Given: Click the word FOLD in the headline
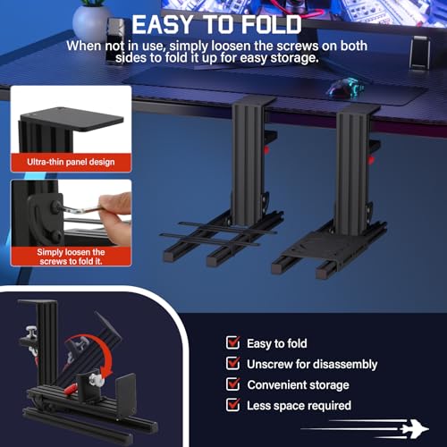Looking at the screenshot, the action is click(x=271, y=24).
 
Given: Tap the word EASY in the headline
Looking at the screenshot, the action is click(x=163, y=24).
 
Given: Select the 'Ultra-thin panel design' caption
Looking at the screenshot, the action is click(x=71, y=162).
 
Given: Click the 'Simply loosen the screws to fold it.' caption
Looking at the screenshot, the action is click(x=71, y=257).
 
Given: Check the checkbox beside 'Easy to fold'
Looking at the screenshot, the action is click(x=232, y=342).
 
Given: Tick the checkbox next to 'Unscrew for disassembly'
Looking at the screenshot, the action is click(x=232, y=363).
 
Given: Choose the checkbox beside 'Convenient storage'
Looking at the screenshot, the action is click(x=232, y=384).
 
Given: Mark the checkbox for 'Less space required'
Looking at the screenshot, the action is click(x=232, y=405).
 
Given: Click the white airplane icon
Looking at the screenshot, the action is click(x=415, y=429).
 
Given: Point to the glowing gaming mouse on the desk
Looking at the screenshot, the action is click(x=346, y=88).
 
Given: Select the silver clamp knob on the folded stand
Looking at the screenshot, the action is click(x=30, y=332).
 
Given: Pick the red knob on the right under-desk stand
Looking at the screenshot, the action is click(x=371, y=160).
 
